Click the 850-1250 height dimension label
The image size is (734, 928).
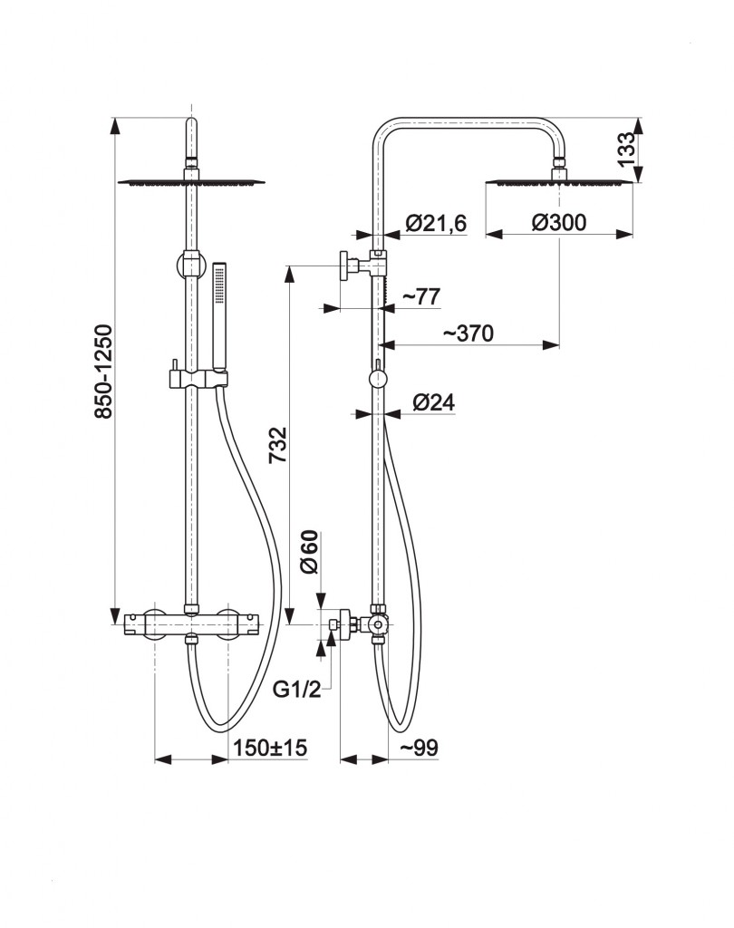103,371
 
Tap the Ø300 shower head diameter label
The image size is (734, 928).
559,223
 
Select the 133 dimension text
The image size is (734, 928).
625,150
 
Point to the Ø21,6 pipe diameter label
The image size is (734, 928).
436,223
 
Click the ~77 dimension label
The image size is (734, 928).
421,296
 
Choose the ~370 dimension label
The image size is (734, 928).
468,333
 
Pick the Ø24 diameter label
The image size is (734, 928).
433,402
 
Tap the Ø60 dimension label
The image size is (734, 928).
309,552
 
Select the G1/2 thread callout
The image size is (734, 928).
296,689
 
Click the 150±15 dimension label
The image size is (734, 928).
270,748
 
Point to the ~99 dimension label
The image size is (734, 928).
419,748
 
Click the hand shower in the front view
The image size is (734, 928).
219,323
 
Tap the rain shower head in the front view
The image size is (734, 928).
191,182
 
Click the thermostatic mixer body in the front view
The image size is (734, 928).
191,624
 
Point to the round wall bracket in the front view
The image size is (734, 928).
190,264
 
